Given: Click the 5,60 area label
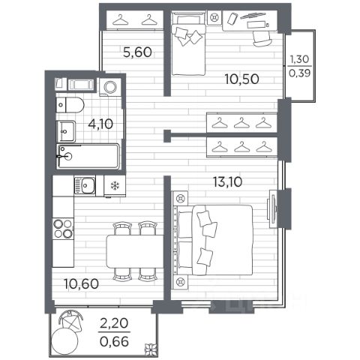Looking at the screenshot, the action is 138,52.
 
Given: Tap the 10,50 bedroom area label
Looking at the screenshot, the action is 241,79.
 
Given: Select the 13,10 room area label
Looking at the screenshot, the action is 228,181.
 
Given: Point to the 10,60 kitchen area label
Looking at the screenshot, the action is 82,284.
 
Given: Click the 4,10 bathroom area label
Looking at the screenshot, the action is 100,124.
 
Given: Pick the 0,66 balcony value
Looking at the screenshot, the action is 114,342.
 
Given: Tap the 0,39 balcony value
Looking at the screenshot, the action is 299,73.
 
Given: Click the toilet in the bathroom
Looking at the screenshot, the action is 70,105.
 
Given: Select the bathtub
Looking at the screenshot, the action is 88,156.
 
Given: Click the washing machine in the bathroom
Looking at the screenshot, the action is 110,87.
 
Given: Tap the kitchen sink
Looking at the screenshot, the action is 85,185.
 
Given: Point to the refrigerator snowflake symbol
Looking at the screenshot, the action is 115,186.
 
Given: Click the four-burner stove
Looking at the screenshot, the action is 63,228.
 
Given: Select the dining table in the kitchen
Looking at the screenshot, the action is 135,251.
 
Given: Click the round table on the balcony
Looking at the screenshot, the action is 64,340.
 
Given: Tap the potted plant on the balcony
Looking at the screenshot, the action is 151,349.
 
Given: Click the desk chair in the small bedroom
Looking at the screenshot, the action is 262,38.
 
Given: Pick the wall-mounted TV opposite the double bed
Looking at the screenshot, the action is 272,208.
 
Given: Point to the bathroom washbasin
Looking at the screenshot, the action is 66,131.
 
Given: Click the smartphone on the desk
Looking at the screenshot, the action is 232,19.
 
